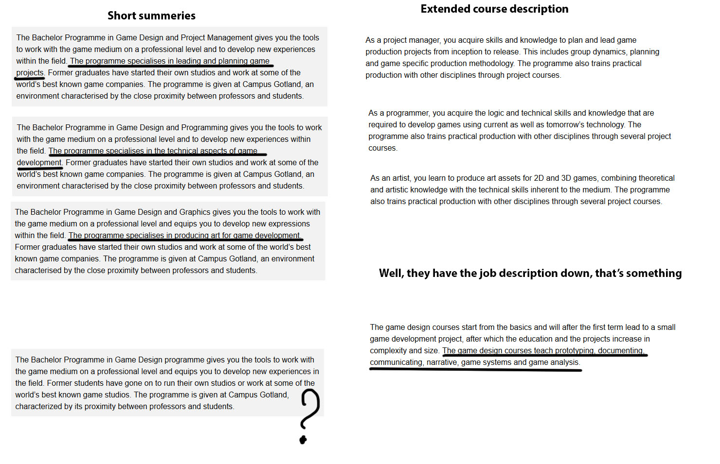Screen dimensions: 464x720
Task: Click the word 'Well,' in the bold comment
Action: (x=391, y=273)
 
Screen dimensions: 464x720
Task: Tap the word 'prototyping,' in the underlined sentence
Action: (x=575, y=350)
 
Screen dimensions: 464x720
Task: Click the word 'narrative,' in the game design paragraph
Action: (x=442, y=362)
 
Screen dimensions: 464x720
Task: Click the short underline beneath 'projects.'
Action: (x=29, y=78)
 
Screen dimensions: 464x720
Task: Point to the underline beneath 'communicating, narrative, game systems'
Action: (x=475, y=370)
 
